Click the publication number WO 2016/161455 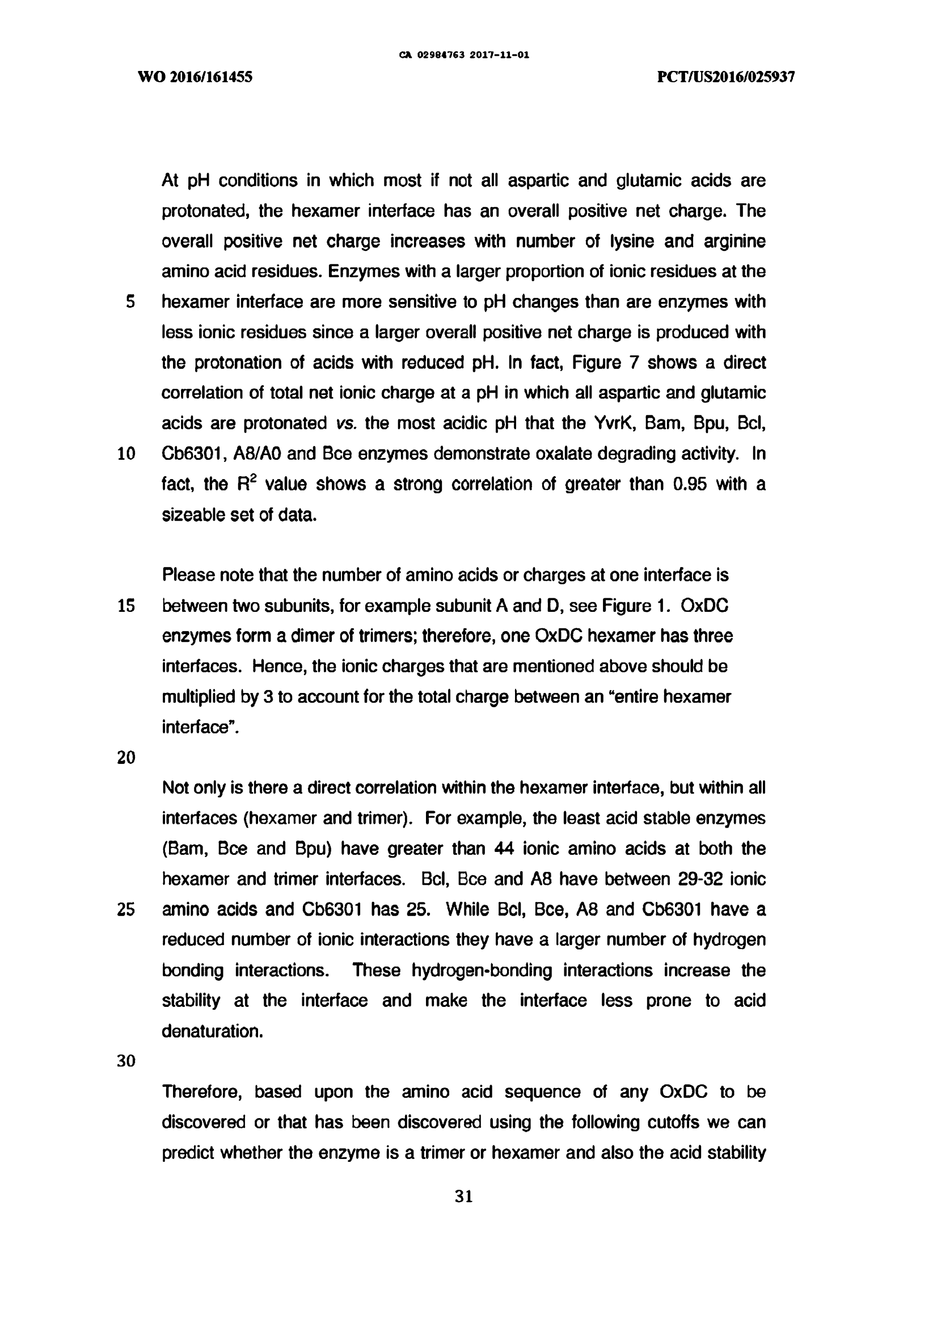195,77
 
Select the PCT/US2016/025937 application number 726,77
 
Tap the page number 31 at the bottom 464,1197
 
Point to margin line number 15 126,606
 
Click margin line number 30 126,1061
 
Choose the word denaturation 212,1031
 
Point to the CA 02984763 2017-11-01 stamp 464,56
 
